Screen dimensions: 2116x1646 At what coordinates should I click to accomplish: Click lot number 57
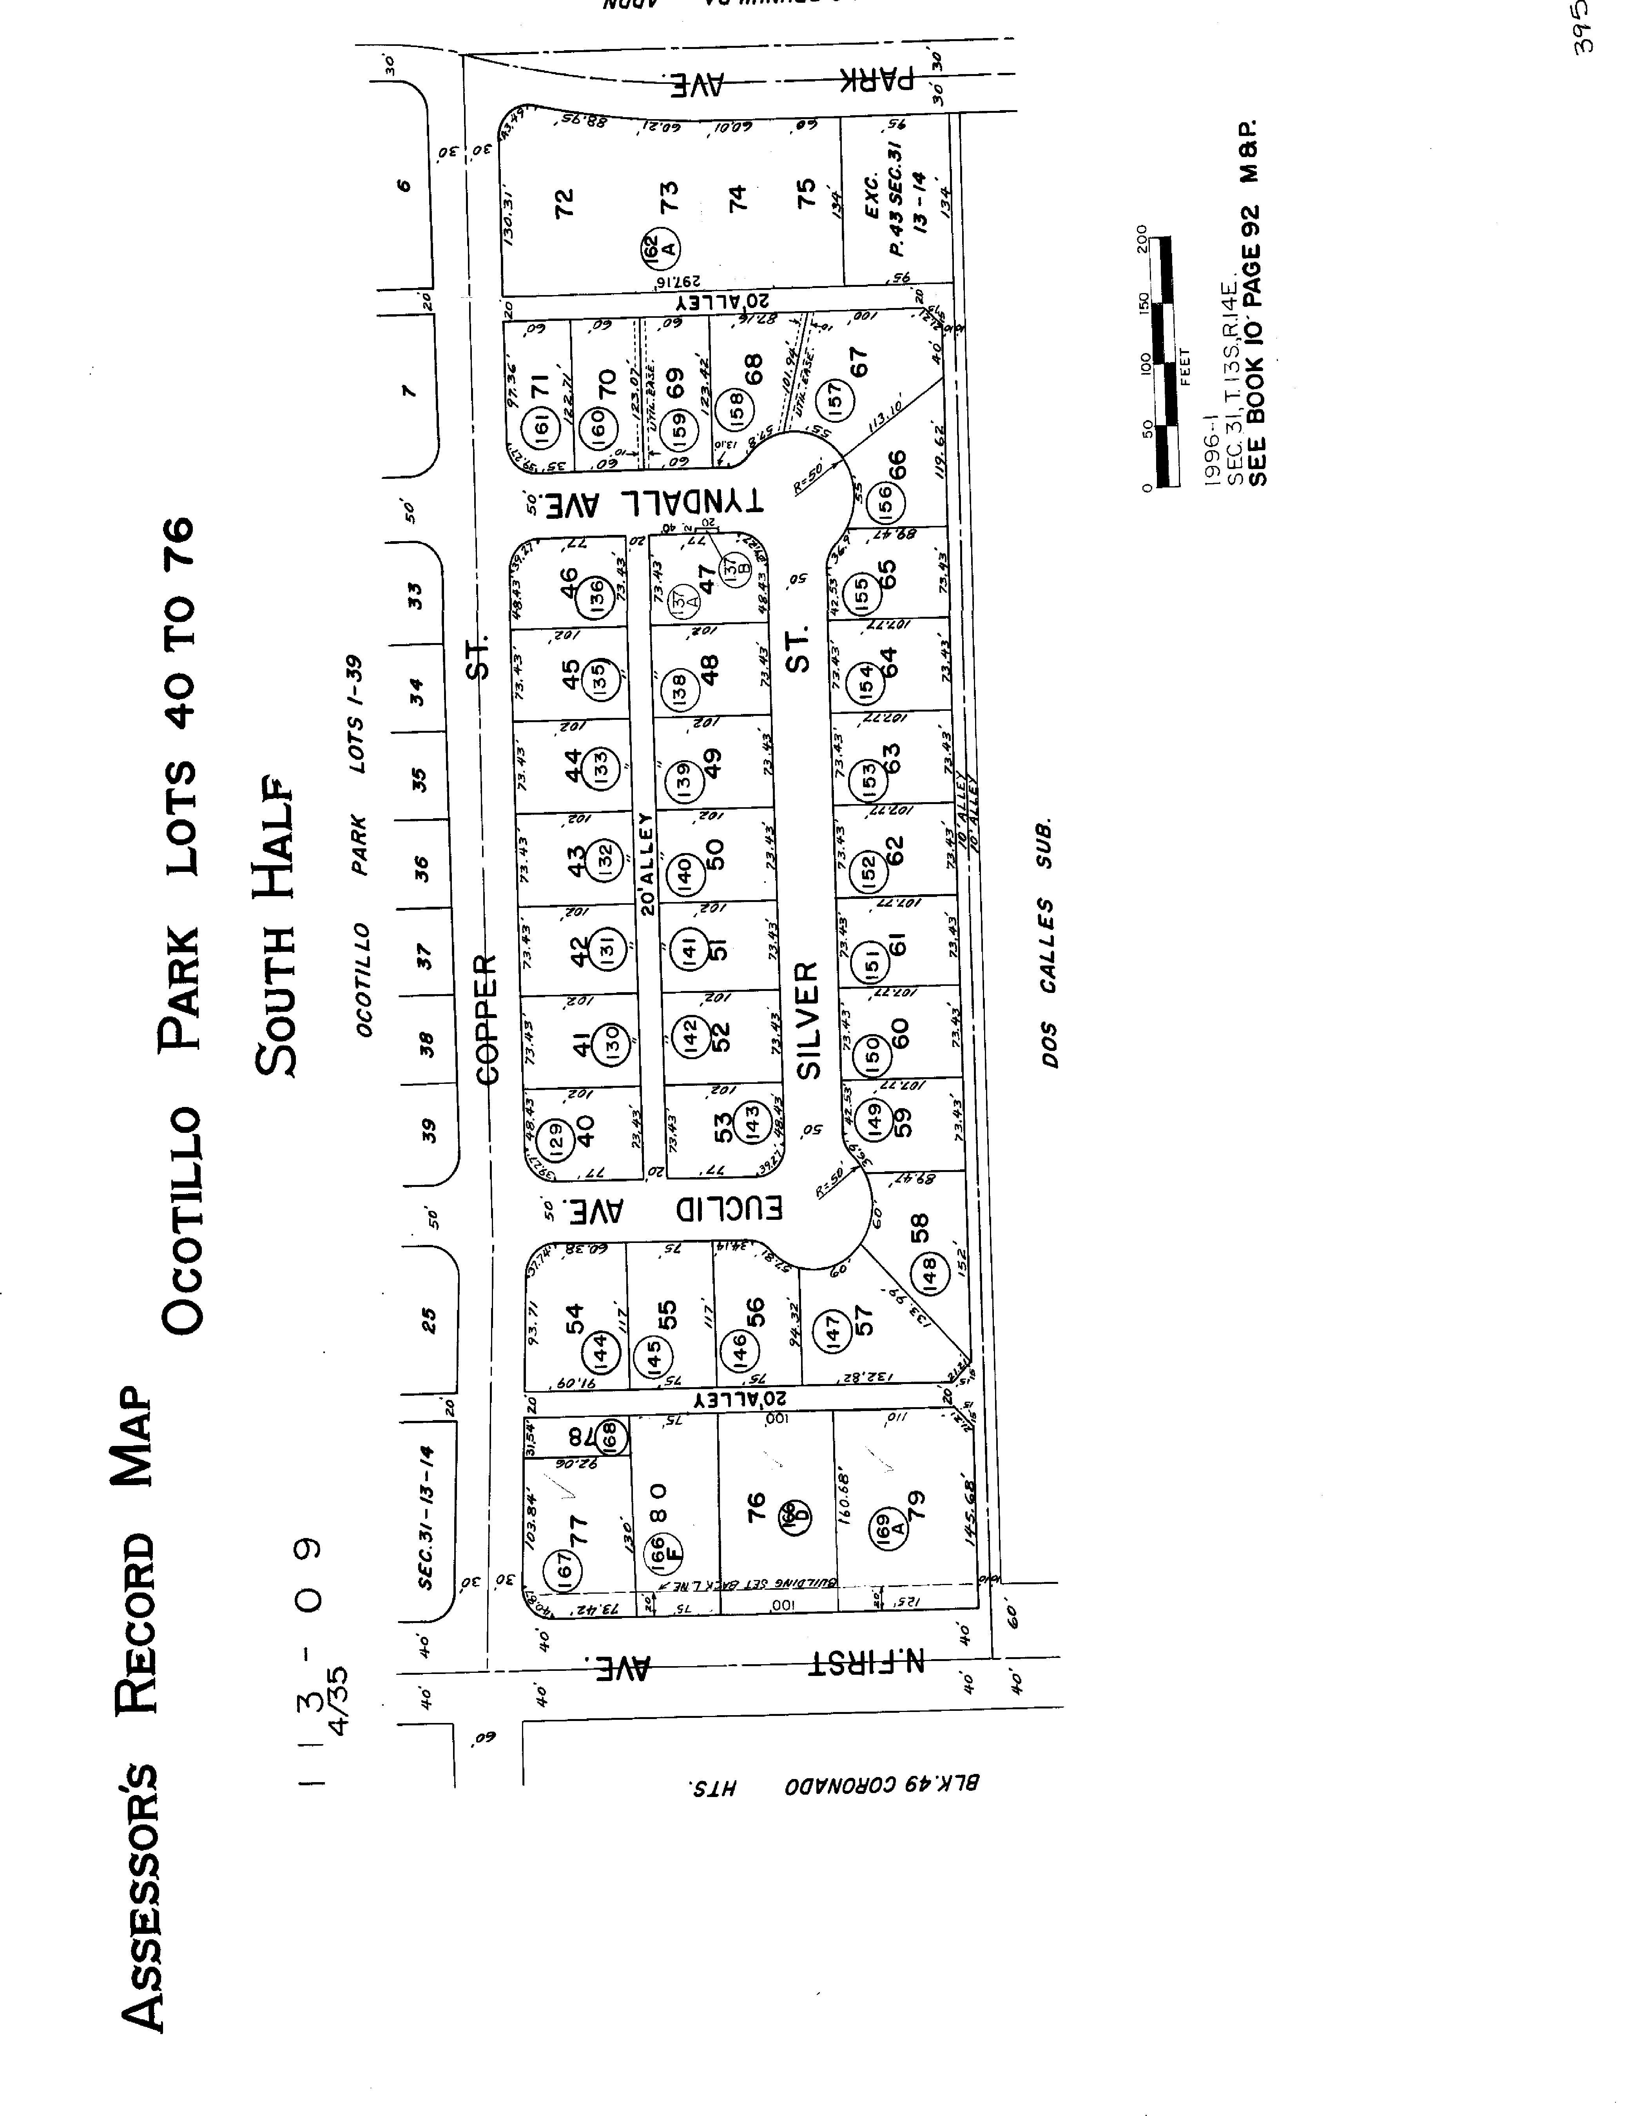tap(864, 1320)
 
